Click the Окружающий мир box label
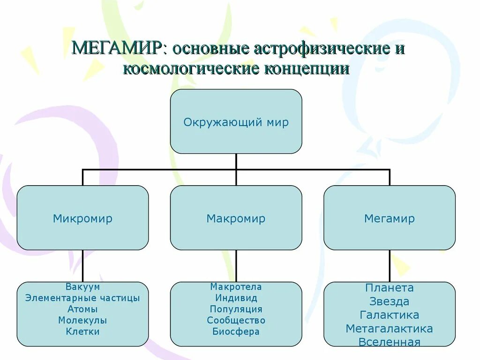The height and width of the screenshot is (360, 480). click(x=236, y=123)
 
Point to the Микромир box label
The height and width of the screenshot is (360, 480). click(x=82, y=218)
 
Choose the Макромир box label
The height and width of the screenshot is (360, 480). click(x=236, y=218)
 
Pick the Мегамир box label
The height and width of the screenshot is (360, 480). click(x=389, y=218)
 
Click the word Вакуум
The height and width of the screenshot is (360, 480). click(x=82, y=287)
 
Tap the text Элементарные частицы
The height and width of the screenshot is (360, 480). click(x=82, y=298)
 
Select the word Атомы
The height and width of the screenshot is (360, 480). click(x=82, y=309)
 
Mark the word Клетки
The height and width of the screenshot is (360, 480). click(x=82, y=332)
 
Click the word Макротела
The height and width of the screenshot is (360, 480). click(x=236, y=287)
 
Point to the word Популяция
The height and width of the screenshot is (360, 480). click(x=236, y=309)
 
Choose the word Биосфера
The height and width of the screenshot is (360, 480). click(x=236, y=332)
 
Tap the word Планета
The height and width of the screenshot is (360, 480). click(x=389, y=288)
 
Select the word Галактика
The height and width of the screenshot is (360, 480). click(x=389, y=315)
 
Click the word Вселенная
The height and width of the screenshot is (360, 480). click(x=389, y=342)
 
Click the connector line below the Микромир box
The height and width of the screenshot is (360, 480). click(x=83, y=265)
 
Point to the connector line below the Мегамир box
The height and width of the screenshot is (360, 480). click(x=390, y=265)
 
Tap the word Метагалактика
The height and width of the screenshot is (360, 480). click(x=389, y=329)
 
